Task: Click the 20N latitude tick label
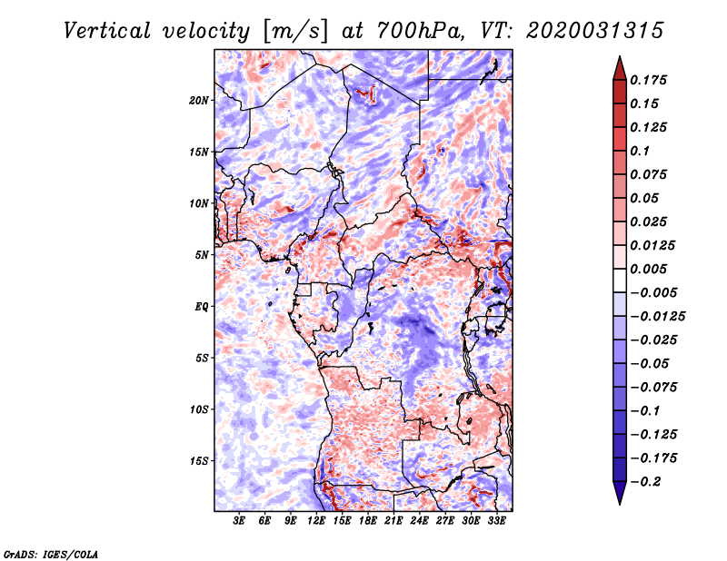pos(199,101)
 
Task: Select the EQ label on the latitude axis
pos(201,307)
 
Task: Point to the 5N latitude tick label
pos(202,255)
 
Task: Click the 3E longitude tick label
pos(239,520)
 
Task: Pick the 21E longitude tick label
pos(393,520)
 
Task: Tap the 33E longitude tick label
pos(496,520)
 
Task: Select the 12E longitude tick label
pos(316,520)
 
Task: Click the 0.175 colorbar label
pos(648,80)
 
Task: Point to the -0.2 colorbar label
pos(646,482)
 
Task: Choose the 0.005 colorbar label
pos(648,269)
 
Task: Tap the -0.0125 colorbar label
pos(657,317)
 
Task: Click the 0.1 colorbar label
pos(640,151)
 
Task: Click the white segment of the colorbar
pos(620,280)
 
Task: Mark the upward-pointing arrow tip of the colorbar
pos(620,56)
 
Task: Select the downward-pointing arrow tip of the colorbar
pos(620,504)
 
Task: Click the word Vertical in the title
pos(107,31)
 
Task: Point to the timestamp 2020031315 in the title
pos(595,31)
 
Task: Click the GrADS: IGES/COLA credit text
pos(51,554)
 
